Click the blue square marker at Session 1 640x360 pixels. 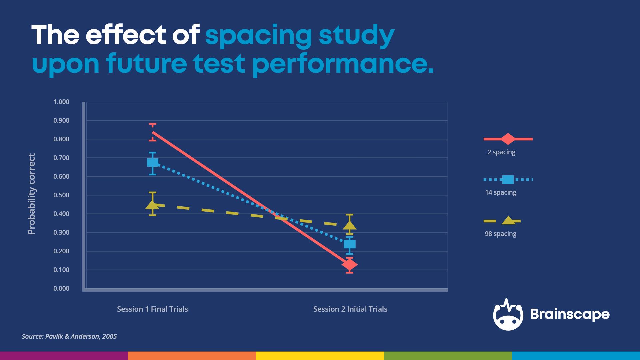[153, 163]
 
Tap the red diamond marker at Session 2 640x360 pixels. [349, 265]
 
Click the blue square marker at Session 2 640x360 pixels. [350, 244]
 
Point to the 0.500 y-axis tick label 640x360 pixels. [61, 195]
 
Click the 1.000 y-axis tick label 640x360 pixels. [61, 102]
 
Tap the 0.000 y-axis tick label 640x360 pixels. [61, 288]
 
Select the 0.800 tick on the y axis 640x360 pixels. [61, 139]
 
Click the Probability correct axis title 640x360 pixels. [31, 194]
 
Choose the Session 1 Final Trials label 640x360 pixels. [152, 309]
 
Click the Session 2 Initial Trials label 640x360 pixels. [350, 309]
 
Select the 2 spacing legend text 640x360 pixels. [501, 152]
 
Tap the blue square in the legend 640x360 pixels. [508, 180]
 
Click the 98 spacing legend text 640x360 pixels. [500, 234]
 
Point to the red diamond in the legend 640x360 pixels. [508, 139]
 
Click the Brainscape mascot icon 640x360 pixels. [508, 315]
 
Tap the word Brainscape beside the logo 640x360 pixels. [570, 314]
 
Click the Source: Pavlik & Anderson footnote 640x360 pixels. [69, 336]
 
